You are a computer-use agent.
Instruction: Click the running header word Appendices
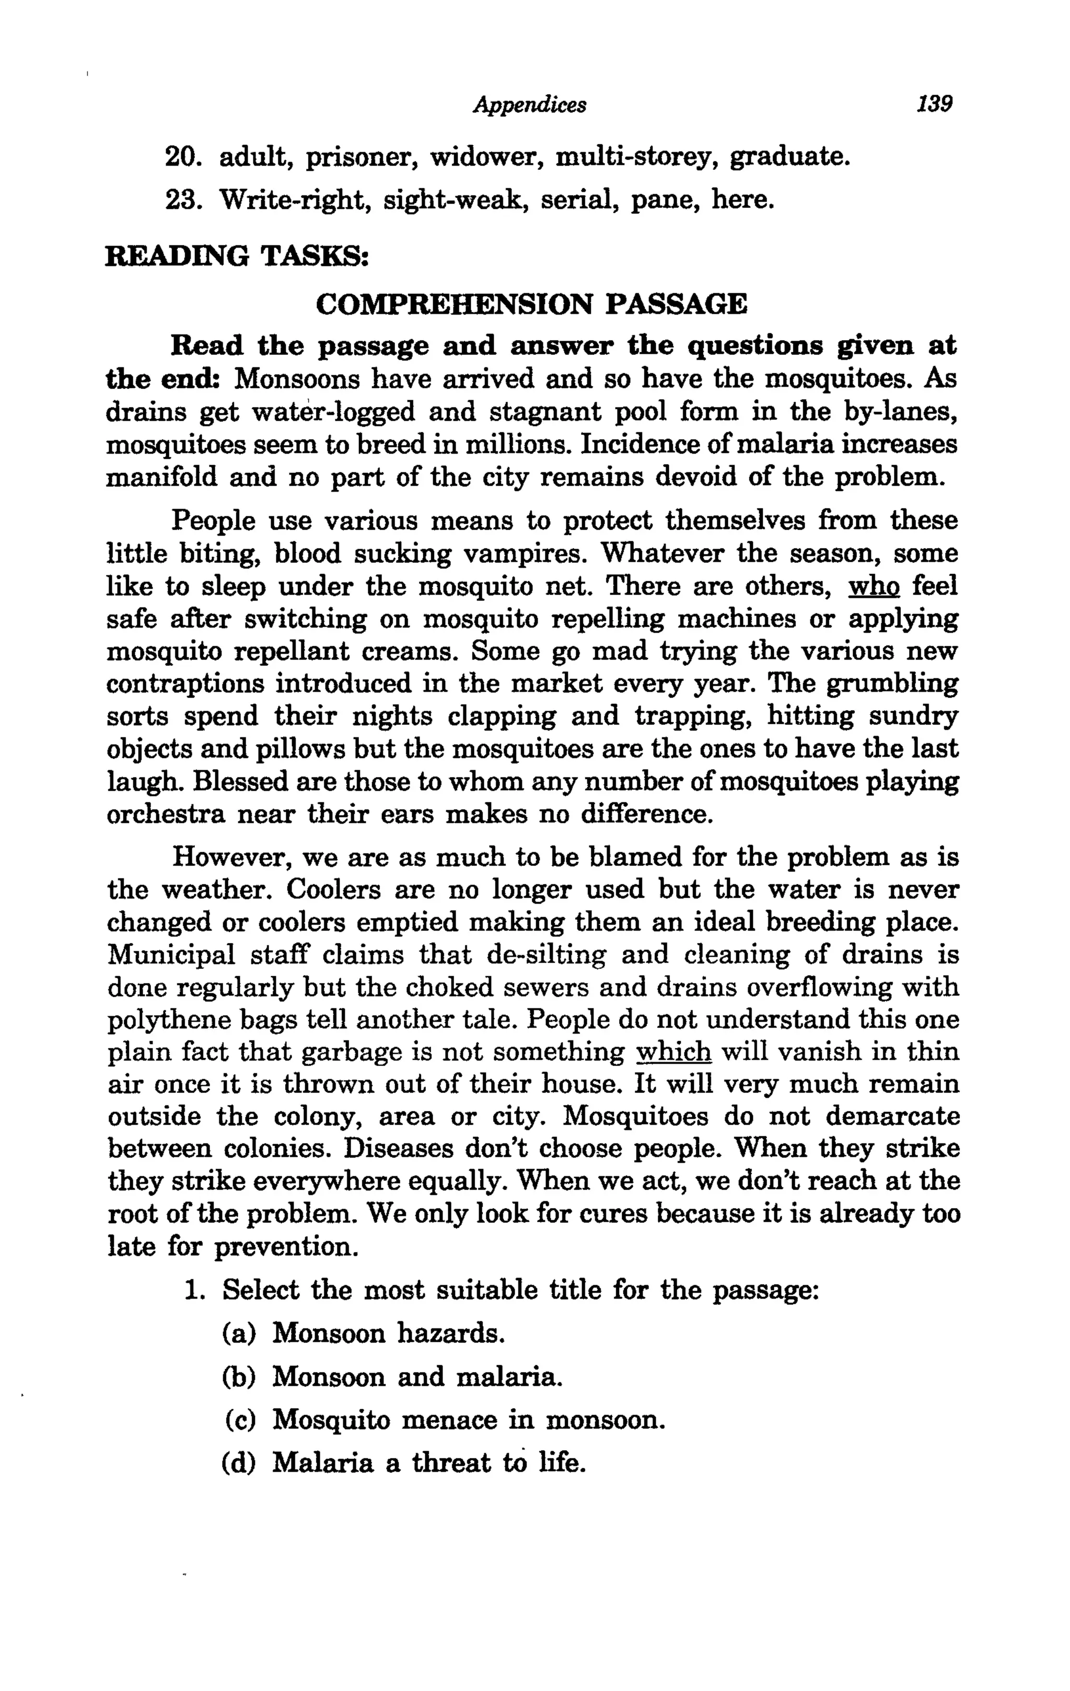530,106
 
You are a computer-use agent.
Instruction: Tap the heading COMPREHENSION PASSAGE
531,304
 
